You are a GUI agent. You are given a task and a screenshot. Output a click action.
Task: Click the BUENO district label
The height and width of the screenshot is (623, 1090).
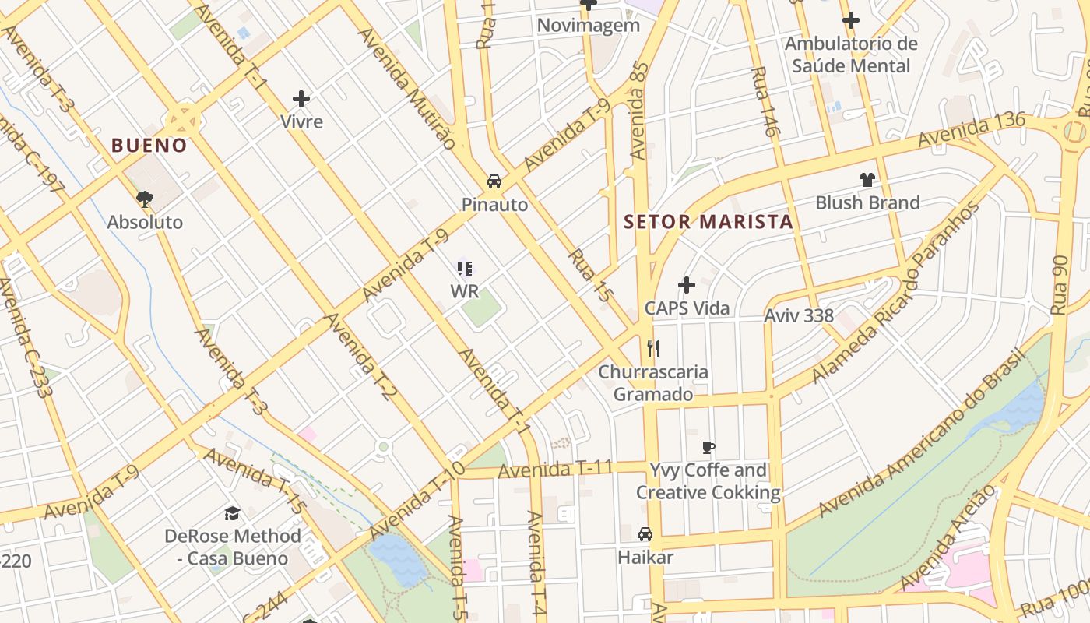[x=149, y=146]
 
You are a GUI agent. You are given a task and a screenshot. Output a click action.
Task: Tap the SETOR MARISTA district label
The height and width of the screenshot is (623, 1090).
[x=708, y=222]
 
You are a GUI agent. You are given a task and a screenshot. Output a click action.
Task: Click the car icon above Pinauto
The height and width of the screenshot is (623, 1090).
[x=494, y=182]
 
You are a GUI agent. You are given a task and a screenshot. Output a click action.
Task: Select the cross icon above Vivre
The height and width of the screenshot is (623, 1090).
[x=301, y=99]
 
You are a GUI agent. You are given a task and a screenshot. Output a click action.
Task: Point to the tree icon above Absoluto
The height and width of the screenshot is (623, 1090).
[x=144, y=199]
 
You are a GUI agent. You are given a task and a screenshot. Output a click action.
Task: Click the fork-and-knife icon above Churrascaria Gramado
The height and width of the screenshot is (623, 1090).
[x=653, y=348]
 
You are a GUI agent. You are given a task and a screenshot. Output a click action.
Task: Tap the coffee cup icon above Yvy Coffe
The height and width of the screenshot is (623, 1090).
[x=708, y=447]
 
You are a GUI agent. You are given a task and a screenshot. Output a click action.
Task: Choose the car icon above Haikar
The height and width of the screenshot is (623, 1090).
[x=645, y=534]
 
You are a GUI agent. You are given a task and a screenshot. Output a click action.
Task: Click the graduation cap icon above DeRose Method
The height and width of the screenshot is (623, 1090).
[x=232, y=513]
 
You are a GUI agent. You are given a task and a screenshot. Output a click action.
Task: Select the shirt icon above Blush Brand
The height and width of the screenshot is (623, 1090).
[x=867, y=180]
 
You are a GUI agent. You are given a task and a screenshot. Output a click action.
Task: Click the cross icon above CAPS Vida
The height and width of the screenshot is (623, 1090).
[x=686, y=285]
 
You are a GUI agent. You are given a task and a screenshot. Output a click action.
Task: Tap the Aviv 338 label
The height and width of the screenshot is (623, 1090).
[x=798, y=316]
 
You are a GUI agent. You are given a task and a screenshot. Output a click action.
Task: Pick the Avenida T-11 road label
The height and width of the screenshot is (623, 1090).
[x=555, y=470]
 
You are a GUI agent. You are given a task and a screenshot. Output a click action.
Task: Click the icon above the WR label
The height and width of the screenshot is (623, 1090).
[x=465, y=269]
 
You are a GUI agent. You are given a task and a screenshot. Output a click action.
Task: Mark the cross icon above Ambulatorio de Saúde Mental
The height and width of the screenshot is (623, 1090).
[x=850, y=20]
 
